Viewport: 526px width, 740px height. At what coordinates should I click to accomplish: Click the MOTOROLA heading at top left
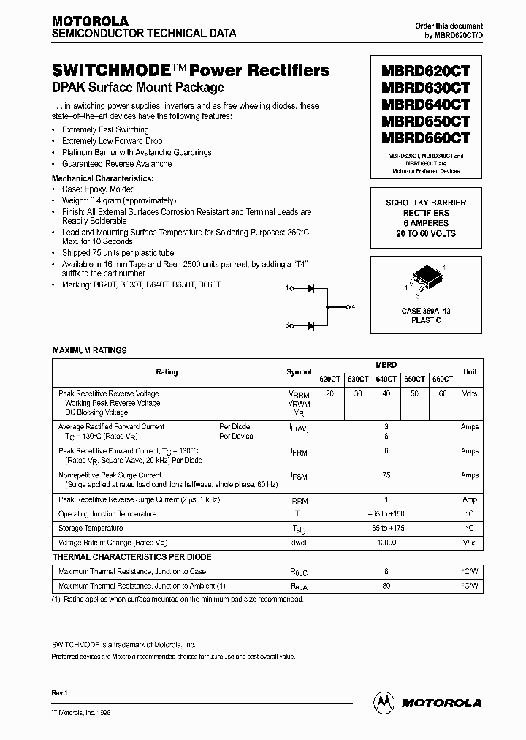90,21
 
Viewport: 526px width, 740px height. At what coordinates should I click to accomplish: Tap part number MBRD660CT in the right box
426,137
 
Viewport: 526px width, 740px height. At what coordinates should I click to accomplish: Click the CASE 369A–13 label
426,311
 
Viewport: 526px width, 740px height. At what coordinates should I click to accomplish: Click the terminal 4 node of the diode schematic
348,306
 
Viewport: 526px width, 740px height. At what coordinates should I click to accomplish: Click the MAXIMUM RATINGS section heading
90,350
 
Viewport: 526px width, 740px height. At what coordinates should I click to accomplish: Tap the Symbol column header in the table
299,372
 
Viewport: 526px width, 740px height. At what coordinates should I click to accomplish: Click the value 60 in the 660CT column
442,393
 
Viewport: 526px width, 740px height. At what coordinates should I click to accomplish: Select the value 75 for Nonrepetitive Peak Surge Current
386,475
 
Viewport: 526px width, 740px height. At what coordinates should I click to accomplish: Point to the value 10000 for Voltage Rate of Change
386,543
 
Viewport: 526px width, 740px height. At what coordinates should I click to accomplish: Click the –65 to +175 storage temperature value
386,528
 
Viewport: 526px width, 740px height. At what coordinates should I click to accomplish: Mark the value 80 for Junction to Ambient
386,586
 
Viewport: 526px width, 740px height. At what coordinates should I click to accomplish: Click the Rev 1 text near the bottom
60,692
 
